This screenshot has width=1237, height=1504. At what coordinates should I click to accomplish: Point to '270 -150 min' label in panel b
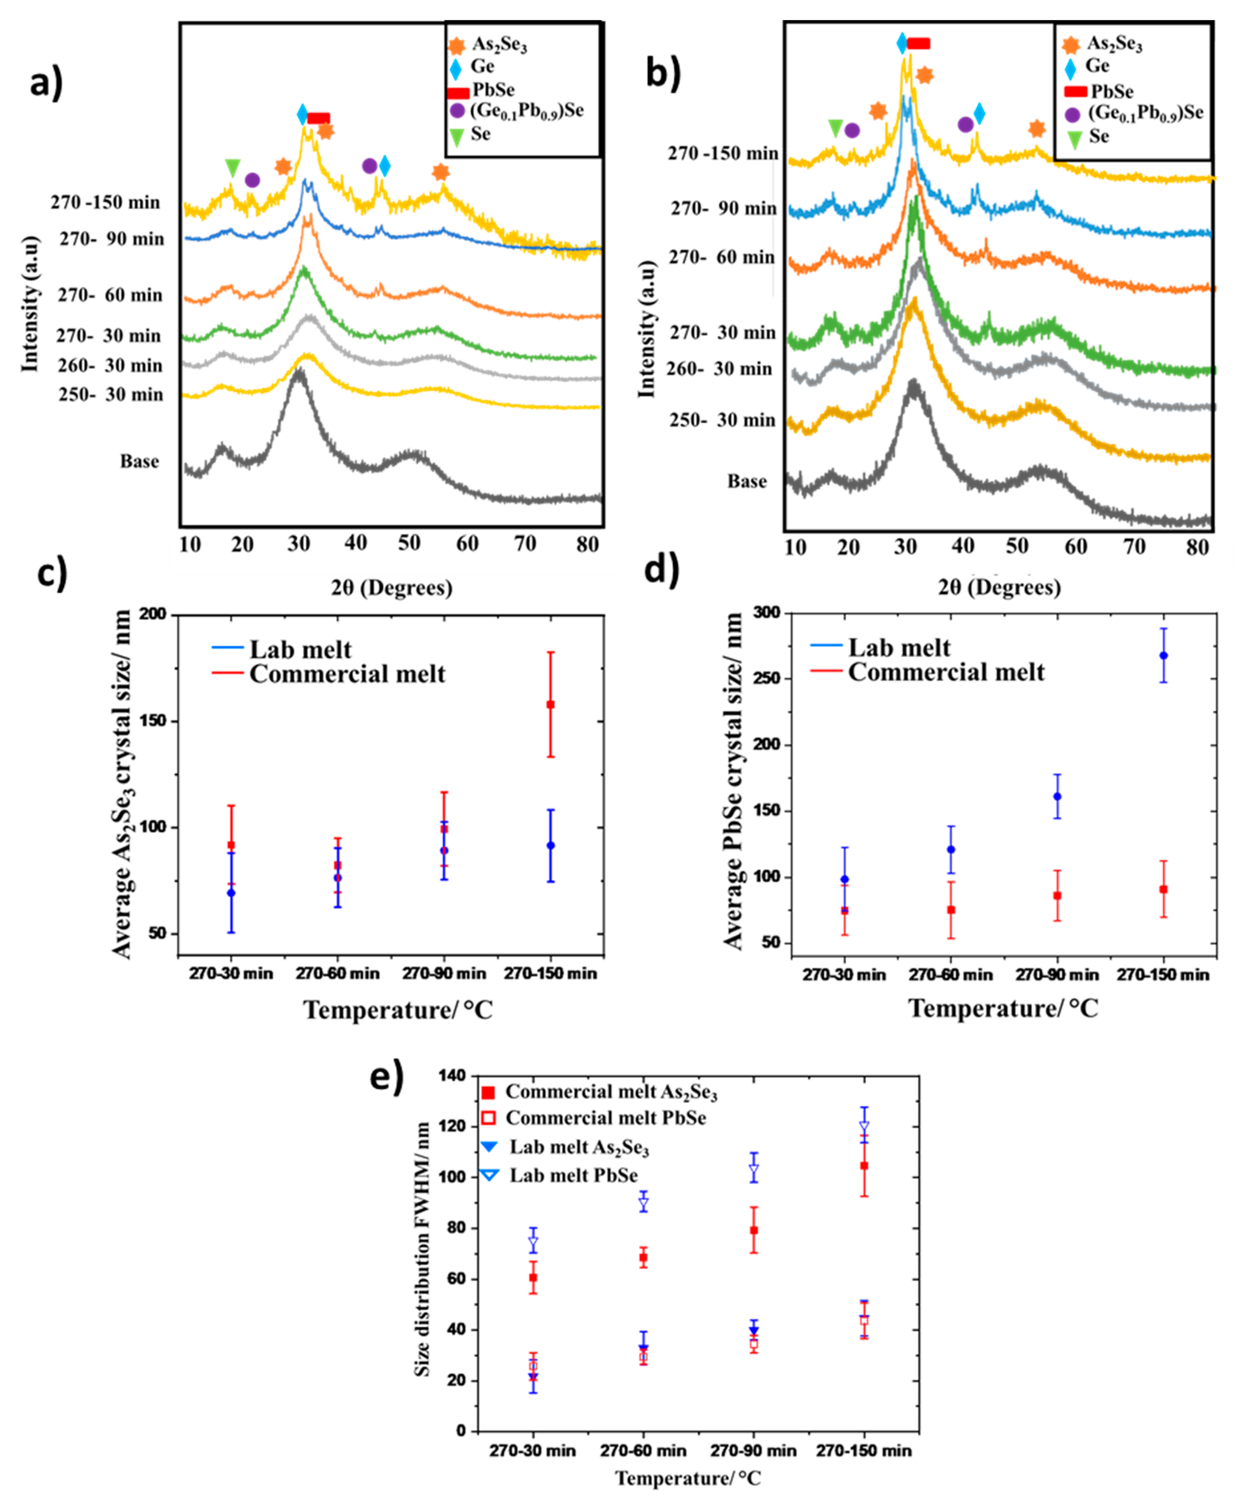click(722, 153)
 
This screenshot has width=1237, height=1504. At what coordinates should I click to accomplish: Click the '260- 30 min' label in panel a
click(111, 365)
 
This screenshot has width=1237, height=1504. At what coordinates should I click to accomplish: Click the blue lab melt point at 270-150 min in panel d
click(1164, 655)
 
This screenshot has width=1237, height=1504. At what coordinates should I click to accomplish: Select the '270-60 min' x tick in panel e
click(643, 1451)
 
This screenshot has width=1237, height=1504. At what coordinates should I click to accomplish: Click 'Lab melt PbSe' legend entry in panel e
click(573, 1176)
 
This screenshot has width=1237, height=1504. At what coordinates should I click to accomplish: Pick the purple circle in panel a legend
click(457, 111)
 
